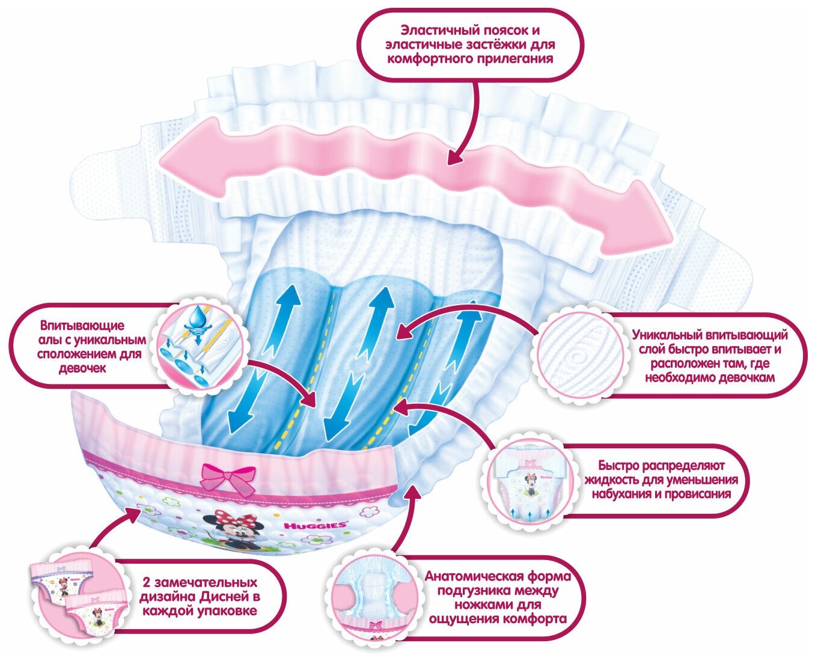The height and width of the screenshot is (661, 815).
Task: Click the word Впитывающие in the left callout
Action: [82, 326]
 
